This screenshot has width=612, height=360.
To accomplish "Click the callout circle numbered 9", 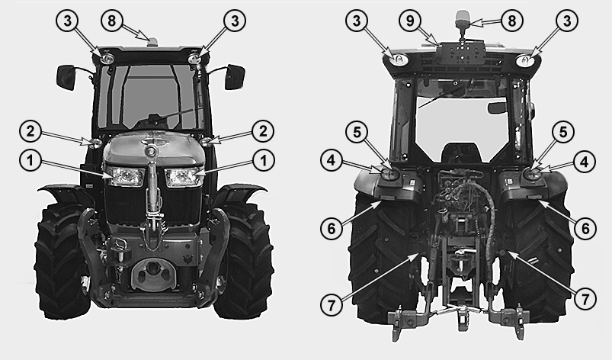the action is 410,21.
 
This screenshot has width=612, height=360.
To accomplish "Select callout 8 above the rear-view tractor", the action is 512,21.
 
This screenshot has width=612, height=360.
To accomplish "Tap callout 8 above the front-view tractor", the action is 112,21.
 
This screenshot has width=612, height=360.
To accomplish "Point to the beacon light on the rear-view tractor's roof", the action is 463,21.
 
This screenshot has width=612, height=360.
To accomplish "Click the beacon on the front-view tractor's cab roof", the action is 152,40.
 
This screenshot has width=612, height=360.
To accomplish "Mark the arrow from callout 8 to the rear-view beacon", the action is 486,23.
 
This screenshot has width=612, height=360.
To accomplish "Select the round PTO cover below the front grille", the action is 153,273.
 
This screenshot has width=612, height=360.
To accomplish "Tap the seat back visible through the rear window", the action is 461,153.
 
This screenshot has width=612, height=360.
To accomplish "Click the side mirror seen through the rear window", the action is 497,108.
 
